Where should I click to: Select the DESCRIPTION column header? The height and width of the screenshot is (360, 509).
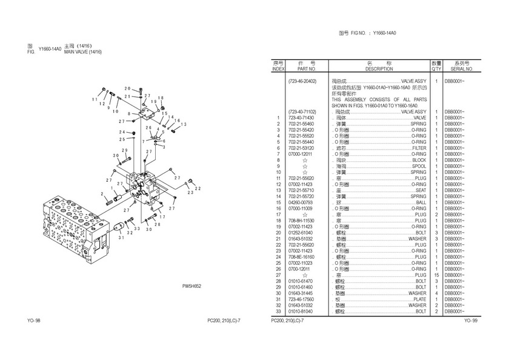pos(379,69)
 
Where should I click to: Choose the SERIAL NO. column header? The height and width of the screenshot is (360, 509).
pos(462,69)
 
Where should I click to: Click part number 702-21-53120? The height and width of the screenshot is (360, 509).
pos(301,148)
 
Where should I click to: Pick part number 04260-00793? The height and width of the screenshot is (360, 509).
pos(301,202)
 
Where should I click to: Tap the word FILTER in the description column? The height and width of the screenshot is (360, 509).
pos(419,148)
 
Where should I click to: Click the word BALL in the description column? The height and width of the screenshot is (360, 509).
pos(421,202)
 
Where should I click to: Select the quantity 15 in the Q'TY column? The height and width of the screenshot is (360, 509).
pos(436,275)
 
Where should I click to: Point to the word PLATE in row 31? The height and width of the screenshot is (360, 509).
pos(419,299)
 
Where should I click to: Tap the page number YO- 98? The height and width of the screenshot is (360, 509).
pos(34,320)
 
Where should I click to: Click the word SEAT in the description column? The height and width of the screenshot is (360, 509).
pos(421,190)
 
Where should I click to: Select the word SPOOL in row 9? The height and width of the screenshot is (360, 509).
pos(419,166)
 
